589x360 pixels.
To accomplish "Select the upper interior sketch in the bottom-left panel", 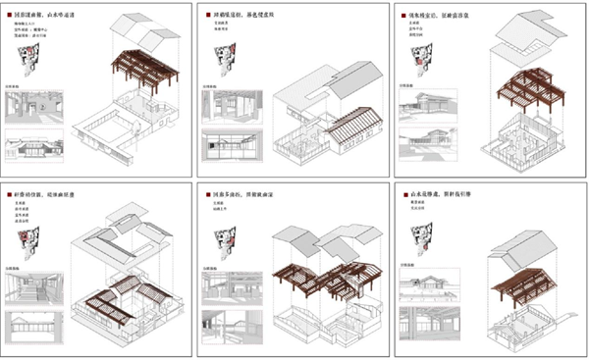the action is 35,283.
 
